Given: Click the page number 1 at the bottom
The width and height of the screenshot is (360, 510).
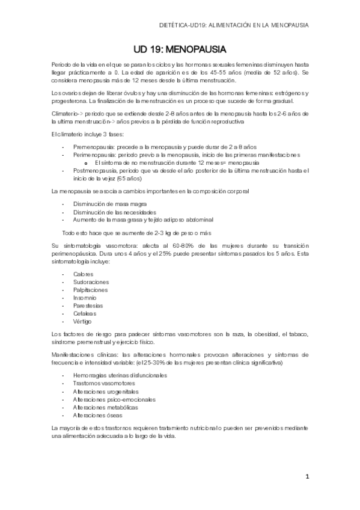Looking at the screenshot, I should click(x=307, y=477).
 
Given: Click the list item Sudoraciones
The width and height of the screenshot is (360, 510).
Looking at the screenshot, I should click(x=91, y=281).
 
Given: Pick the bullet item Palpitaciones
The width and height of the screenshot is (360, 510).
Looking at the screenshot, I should click(x=90, y=289).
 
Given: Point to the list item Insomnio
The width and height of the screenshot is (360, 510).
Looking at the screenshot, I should click(x=85, y=297).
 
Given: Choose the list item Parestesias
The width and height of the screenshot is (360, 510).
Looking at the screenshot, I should click(x=89, y=305).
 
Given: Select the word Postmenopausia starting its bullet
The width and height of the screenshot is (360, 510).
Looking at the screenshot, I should click(x=95, y=171).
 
